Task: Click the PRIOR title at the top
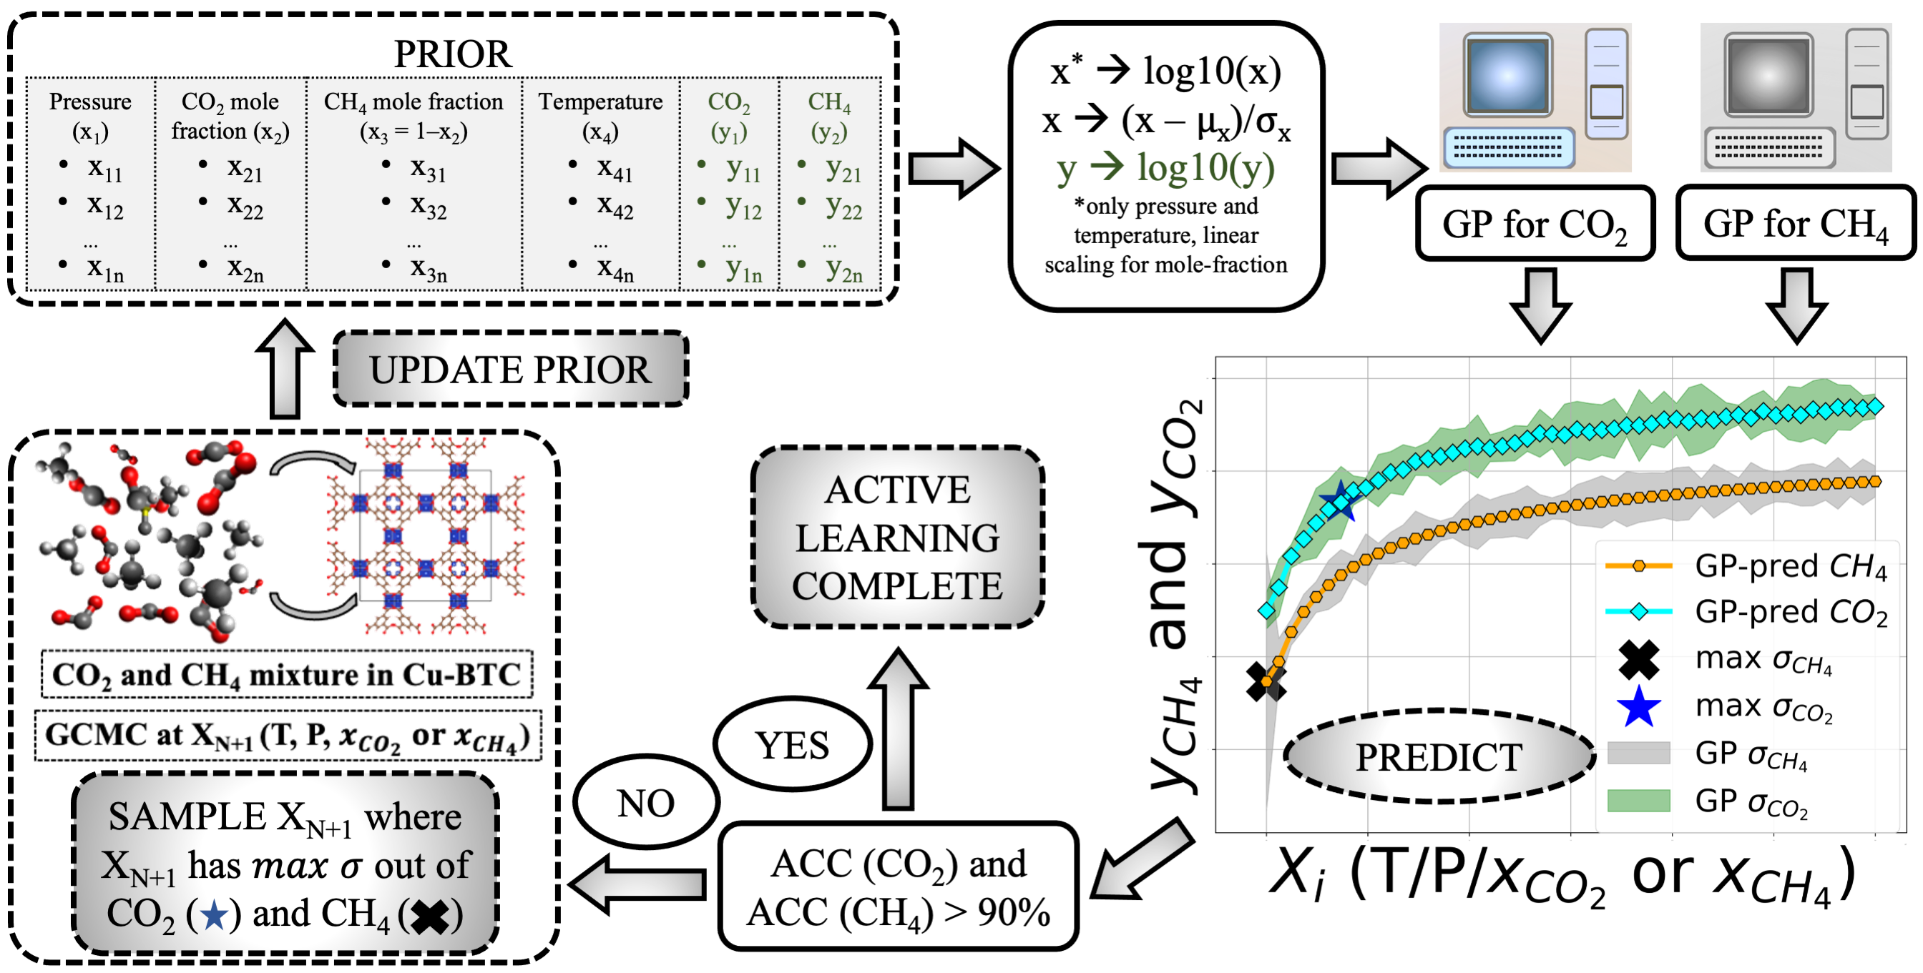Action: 452,54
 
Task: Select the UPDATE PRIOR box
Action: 510,370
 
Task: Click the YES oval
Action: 792,745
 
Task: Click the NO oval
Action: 647,804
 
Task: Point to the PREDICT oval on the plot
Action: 1439,756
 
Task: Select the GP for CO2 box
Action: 1535,224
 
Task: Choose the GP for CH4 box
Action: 1796,224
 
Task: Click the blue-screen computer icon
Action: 1535,97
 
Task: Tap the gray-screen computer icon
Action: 1796,97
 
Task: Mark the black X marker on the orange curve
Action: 1266,681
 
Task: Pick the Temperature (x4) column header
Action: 600,116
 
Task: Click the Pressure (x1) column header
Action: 90,116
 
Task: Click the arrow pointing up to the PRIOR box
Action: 285,370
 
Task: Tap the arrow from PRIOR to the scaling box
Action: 954,169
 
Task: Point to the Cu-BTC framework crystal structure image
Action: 426,535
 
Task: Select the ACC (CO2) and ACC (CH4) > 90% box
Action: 898,886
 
